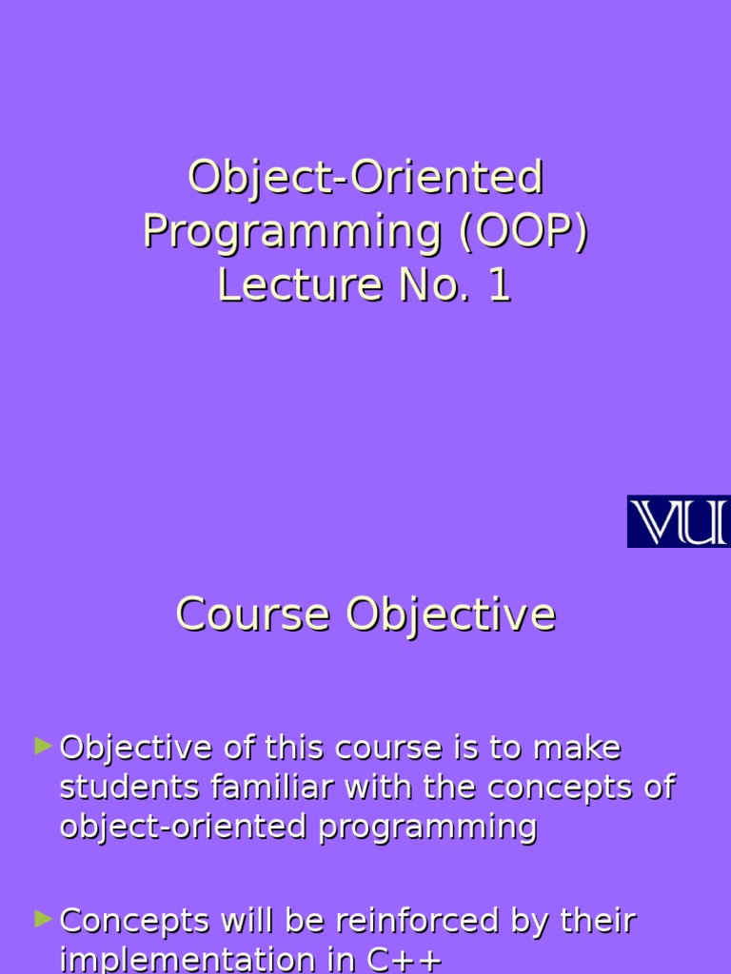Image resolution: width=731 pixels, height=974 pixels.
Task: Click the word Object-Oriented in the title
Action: (x=365, y=178)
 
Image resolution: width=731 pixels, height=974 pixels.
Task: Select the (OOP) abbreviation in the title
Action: (x=524, y=232)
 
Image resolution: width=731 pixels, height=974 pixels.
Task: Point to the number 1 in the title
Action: (x=500, y=285)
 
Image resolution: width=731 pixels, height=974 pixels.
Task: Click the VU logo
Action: (x=678, y=521)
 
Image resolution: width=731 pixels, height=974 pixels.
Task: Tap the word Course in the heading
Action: (x=252, y=614)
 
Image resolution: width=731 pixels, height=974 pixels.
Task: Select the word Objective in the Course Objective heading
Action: (x=450, y=615)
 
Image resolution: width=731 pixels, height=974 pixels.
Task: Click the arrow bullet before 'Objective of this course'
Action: (x=43, y=746)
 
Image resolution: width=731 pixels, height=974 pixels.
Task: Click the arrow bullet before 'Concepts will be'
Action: (x=43, y=919)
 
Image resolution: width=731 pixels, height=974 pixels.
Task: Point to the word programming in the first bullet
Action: (x=428, y=828)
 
